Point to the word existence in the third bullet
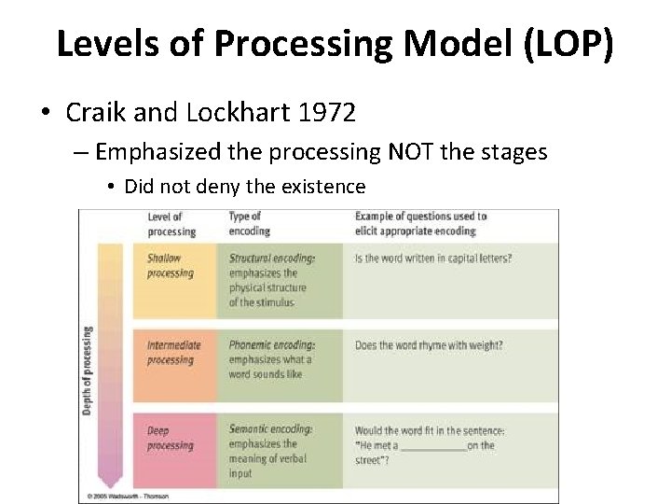[x=322, y=187]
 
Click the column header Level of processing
[x=171, y=224]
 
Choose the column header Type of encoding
[x=249, y=224]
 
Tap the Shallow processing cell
[x=171, y=266]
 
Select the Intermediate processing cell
[x=173, y=353]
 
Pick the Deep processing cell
[x=171, y=438]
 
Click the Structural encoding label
[x=271, y=259]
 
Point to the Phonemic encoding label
[x=270, y=345]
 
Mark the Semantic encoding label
[x=270, y=430]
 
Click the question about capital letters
[x=433, y=259]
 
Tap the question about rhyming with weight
[x=429, y=345]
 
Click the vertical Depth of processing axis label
[x=89, y=371]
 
